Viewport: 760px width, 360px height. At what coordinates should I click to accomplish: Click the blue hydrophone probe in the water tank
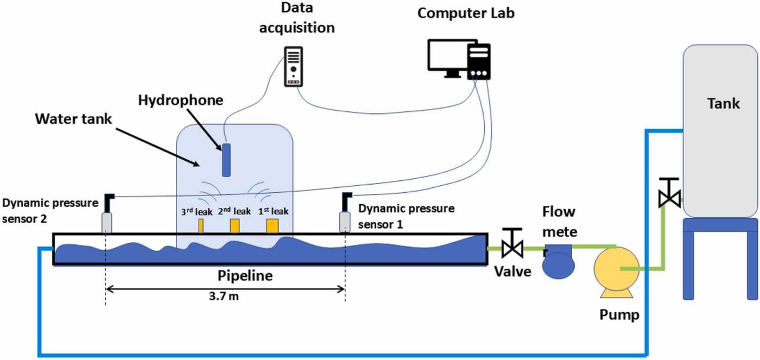pos(226,160)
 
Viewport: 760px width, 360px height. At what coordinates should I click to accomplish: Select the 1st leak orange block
pos(272,226)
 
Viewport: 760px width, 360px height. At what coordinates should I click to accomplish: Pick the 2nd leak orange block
pos(235,226)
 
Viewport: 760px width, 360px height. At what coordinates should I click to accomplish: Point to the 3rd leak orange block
pos(201,226)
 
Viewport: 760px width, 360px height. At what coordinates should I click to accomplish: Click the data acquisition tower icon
pos(294,66)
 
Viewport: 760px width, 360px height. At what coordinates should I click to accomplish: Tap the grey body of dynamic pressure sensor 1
pos(345,222)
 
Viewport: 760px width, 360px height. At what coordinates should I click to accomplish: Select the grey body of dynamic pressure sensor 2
pos(106,223)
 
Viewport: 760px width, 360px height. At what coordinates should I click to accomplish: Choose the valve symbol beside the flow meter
pos(512,244)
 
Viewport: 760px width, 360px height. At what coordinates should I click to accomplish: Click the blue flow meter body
pos(559,261)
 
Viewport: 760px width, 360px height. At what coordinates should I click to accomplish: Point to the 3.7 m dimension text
pos(224,296)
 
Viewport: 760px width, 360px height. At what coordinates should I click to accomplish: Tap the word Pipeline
pos(245,275)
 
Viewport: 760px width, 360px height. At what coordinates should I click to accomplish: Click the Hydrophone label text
pos(180,100)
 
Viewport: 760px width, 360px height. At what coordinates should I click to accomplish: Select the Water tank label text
pos(73,119)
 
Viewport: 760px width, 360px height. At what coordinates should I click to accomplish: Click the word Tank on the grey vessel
pos(723,104)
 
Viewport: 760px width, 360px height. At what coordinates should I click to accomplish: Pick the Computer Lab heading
pos(466,13)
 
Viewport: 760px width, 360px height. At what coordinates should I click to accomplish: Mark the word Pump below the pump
pos(619,315)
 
